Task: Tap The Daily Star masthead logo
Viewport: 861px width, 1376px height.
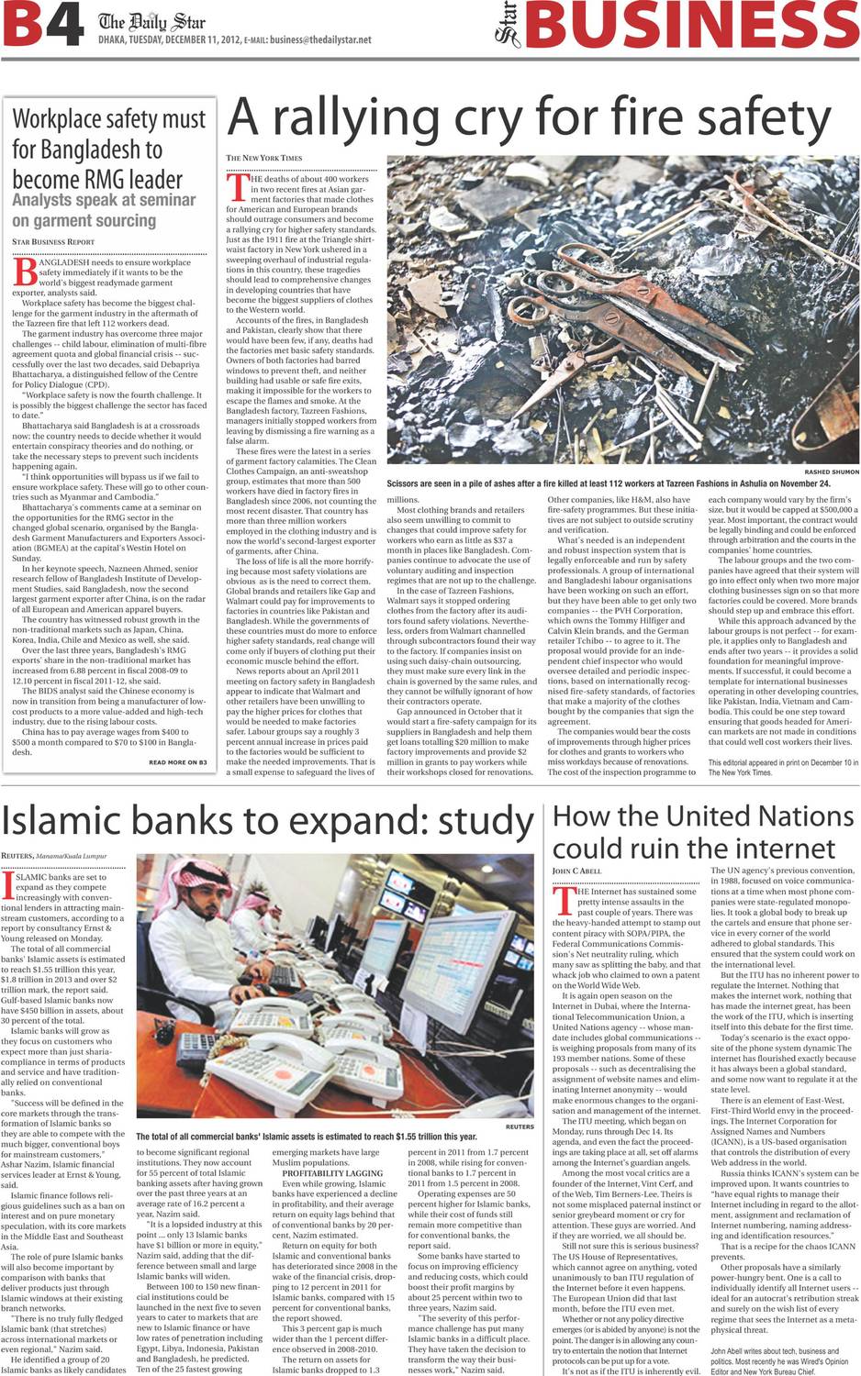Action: click(x=151, y=21)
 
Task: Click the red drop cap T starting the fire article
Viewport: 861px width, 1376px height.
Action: click(x=236, y=187)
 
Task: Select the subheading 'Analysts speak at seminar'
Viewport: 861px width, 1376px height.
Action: click(x=104, y=200)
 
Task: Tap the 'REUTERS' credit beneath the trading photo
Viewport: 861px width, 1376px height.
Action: click(x=519, y=1126)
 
